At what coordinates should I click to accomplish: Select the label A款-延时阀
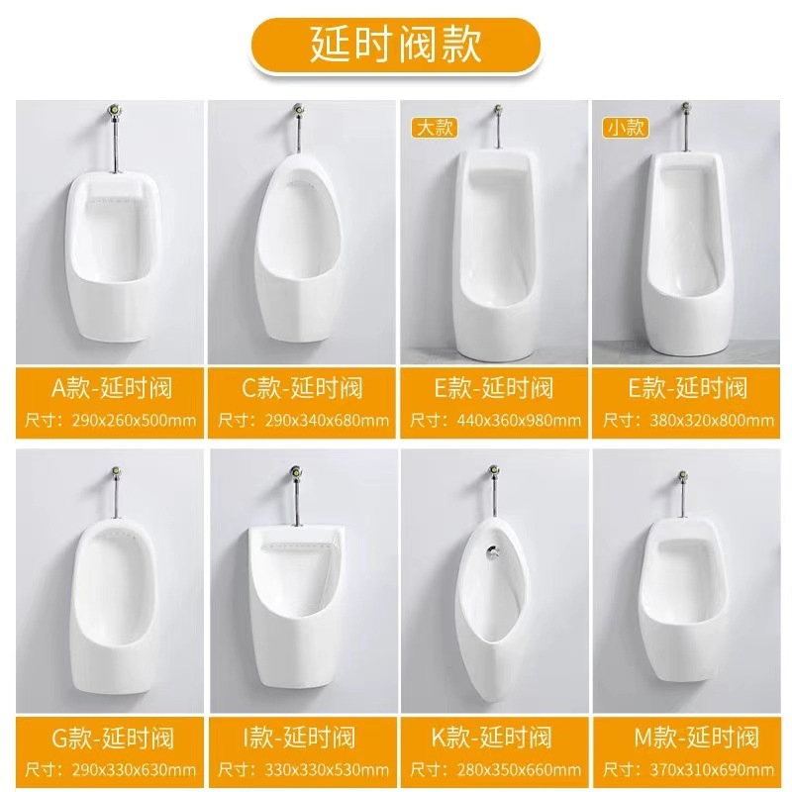tap(110, 387)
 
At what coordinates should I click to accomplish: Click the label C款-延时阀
tap(303, 387)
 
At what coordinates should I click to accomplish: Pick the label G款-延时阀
tap(110, 737)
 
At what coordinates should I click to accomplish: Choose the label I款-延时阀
tap(303, 737)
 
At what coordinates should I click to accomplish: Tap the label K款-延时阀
tap(496, 737)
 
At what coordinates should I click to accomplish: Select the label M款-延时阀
tap(690, 737)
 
